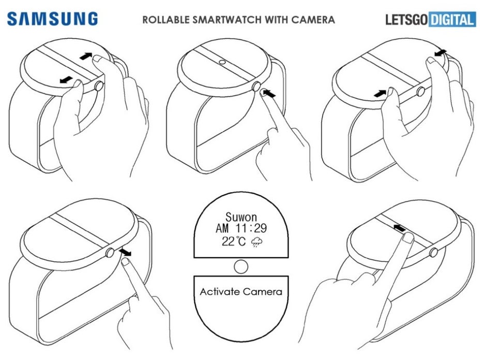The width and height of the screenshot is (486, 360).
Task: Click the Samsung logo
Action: pyautogui.click(x=52, y=19)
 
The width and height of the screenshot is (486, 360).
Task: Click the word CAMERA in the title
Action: pyautogui.click(x=313, y=20)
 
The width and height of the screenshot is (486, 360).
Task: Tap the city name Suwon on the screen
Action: pyautogui.click(x=241, y=217)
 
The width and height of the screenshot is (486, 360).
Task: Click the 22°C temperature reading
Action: pyautogui.click(x=234, y=242)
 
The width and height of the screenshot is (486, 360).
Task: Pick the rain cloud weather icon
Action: pyautogui.click(x=256, y=242)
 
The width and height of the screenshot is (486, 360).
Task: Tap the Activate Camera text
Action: pyautogui.click(x=241, y=292)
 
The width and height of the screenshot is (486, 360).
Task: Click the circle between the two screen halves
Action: pyautogui.click(x=241, y=267)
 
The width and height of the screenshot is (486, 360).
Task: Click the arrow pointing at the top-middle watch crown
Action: pyautogui.click(x=269, y=92)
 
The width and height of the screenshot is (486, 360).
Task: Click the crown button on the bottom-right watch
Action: pyautogui.click(x=433, y=252)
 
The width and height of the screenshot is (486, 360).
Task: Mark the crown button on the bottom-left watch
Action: pyautogui.click(x=110, y=253)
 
